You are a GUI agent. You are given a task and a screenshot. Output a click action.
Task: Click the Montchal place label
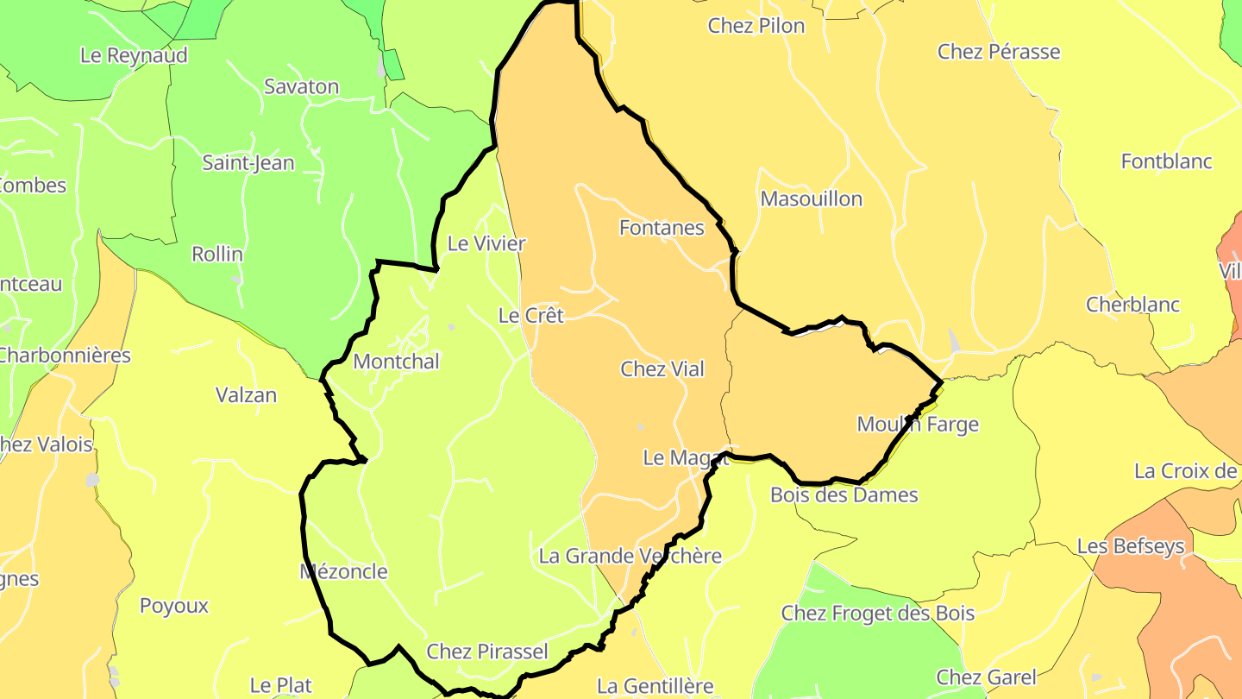click(x=396, y=362)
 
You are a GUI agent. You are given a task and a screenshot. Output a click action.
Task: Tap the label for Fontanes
click(x=662, y=228)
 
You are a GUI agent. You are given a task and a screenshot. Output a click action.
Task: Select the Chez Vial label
click(x=662, y=369)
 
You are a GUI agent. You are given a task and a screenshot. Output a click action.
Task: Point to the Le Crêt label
click(x=530, y=316)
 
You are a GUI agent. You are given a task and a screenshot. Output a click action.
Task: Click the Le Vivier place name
click(x=486, y=244)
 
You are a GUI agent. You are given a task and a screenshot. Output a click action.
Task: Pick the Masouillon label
click(x=811, y=199)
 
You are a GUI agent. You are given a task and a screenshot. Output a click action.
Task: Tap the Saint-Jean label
click(x=248, y=163)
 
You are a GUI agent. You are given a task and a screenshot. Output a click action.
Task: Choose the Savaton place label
click(x=301, y=87)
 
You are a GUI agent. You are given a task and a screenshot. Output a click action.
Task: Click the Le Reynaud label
click(x=134, y=55)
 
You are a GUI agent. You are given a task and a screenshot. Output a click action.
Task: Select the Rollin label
click(x=217, y=255)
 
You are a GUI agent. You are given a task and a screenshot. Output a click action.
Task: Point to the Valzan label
click(x=246, y=396)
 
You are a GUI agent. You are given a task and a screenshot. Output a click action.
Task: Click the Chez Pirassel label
click(x=487, y=652)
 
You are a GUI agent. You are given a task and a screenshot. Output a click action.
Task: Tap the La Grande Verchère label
click(x=630, y=557)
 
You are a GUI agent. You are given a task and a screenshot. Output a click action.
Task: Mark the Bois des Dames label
click(x=844, y=495)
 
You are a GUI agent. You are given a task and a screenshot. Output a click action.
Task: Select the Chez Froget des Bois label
click(x=877, y=614)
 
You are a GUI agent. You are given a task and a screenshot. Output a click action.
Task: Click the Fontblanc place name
click(x=1166, y=161)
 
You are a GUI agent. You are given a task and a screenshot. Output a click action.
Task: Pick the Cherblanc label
click(x=1132, y=305)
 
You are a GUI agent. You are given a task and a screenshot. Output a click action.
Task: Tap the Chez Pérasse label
click(x=999, y=52)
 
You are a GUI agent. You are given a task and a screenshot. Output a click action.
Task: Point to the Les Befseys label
click(x=1130, y=546)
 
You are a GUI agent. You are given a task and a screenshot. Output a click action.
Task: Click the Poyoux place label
click(x=174, y=606)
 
